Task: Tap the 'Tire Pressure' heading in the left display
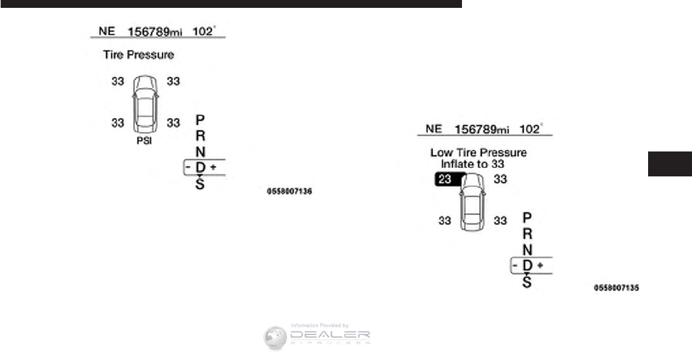(x=138, y=55)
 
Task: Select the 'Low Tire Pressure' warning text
(x=478, y=153)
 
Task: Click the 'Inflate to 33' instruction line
(x=478, y=164)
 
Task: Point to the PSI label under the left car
(x=144, y=141)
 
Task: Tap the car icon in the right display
(x=472, y=203)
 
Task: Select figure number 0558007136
(x=289, y=192)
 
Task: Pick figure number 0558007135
(x=617, y=287)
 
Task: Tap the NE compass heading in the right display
(x=434, y=129)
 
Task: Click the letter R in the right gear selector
(x=528, y=233)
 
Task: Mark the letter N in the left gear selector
(x=201, y=152)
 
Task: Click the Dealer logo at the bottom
(x=317, y=337)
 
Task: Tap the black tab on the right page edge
(x=670, y=164)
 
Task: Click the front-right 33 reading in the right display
(x=500, y=179)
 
